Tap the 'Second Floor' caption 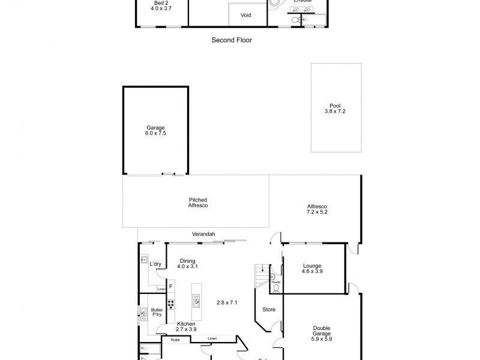232,40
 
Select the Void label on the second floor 246,15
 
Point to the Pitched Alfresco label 197,203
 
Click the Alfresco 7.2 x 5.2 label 317,209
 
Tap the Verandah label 203,234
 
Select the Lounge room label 312,268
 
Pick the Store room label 268,310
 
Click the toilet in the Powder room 276,288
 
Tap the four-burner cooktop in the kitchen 170,303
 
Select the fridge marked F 170,286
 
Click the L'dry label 156,264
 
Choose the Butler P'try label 158,312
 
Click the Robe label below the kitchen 175,340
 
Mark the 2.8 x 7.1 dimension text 227,302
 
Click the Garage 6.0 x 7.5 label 155,130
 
